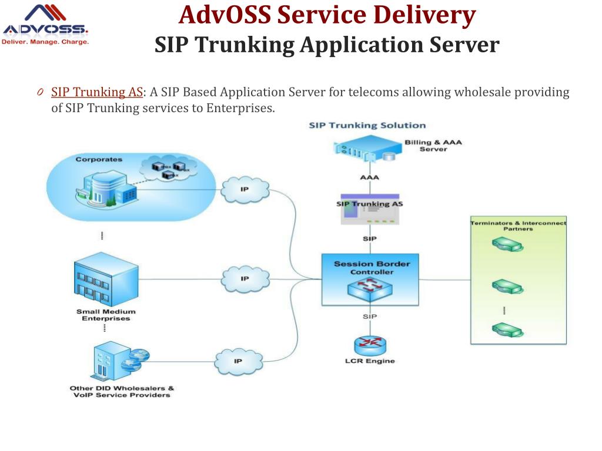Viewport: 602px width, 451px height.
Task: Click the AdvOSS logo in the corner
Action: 45,26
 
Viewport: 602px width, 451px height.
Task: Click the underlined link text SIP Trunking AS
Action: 97,92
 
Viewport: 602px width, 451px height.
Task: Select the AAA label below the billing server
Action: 370,177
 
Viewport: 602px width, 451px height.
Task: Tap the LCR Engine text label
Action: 370,361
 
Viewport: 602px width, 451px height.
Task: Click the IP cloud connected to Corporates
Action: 245,190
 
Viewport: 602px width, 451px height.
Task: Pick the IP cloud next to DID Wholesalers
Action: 238,361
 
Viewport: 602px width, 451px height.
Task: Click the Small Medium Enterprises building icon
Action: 106,281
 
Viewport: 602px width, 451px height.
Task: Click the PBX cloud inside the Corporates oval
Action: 169,169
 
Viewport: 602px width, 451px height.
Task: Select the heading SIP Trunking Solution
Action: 367,125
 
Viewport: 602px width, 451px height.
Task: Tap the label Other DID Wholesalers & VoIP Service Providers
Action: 122,391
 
